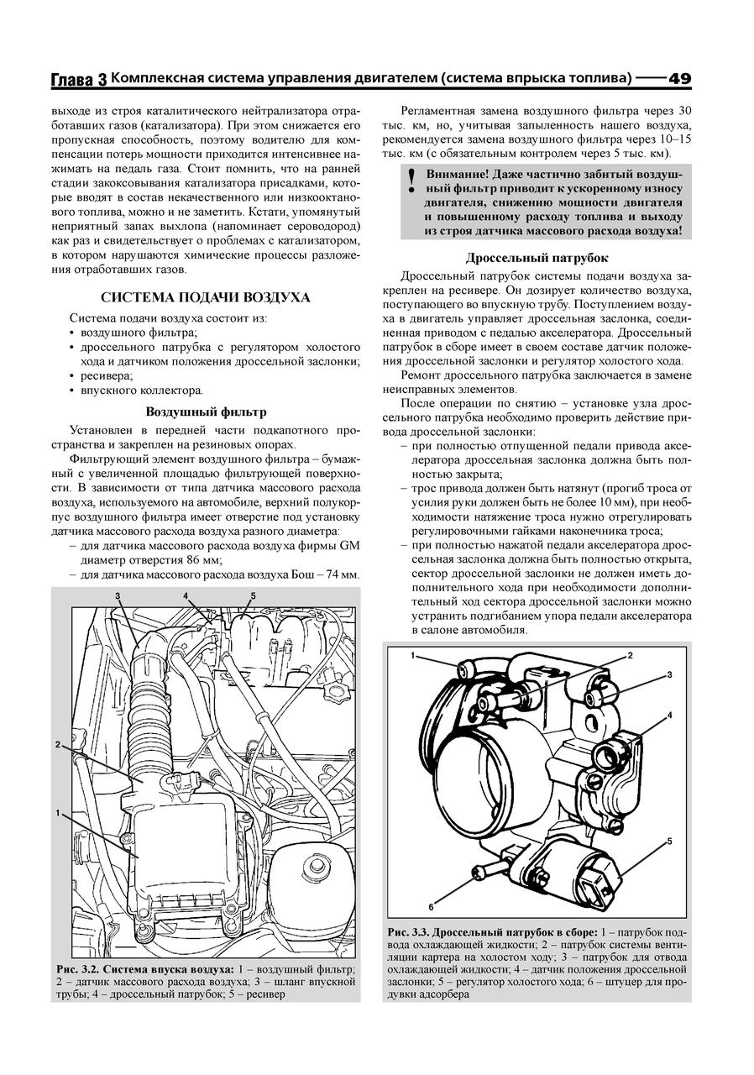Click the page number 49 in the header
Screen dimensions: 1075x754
679,78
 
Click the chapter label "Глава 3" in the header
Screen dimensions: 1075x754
79,80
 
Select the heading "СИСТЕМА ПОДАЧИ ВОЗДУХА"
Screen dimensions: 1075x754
206,297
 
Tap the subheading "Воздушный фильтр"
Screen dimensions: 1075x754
206,412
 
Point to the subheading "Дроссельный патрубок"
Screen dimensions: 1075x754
537,258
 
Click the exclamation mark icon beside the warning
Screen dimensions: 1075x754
411,181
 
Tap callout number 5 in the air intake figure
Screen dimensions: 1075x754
253,596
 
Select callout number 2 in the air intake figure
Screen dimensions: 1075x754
58,744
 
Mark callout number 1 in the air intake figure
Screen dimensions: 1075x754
58,813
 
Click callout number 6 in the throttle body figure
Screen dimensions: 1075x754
431,906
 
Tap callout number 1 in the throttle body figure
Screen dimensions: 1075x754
412,654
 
